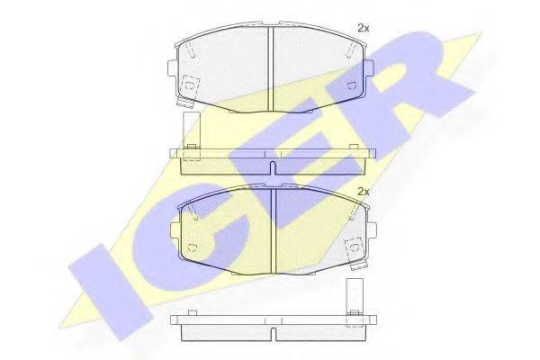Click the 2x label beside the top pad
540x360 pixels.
tap(364, 29)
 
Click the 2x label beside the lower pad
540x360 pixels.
tap(364, 192)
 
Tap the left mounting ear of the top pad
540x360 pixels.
tap(172, 67)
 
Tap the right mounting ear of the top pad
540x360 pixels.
tap(368, 67)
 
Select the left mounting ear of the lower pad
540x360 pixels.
tap(175, 229)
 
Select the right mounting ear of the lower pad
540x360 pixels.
tap(372, 229)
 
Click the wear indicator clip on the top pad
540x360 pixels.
tap(188, 90)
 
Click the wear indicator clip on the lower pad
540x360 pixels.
tap(355, 253)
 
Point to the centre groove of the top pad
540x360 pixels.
tap(270, 69)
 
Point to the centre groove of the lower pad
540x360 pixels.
tap(274, 231)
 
